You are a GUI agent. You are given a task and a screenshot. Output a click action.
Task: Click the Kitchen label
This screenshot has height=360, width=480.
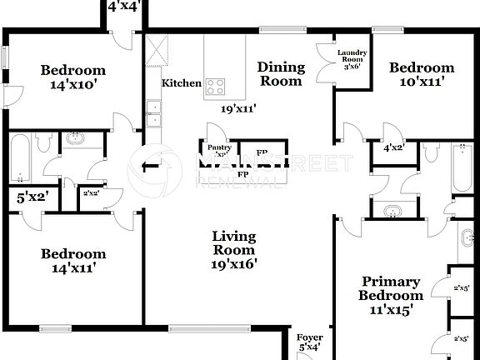181,83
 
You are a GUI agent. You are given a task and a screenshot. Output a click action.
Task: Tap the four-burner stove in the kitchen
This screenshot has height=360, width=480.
216,84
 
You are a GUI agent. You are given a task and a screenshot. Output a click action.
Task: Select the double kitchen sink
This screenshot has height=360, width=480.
153,113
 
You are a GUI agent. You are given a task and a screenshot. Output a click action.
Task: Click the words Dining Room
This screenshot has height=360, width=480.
280,74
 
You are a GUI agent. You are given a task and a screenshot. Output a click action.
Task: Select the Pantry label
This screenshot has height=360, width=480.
218,150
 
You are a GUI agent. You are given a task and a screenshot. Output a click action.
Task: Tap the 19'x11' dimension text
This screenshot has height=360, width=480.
237,108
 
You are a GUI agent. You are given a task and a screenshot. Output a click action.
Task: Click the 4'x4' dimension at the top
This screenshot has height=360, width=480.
124,7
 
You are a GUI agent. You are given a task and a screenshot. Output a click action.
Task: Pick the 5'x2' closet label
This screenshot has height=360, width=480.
32,197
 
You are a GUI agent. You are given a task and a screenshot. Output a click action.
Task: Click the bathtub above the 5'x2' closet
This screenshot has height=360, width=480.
21,158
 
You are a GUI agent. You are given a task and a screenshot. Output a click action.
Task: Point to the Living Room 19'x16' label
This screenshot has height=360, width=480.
235,250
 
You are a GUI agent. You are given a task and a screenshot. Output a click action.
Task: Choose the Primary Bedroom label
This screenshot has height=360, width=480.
390,295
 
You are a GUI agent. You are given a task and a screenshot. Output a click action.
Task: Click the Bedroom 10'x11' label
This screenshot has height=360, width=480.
422,75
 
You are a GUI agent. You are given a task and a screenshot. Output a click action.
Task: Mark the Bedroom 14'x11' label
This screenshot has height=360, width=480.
73,261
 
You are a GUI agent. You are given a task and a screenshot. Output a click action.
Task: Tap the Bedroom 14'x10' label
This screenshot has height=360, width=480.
73,77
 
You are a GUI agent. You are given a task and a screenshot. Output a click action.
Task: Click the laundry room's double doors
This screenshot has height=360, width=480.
324,65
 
